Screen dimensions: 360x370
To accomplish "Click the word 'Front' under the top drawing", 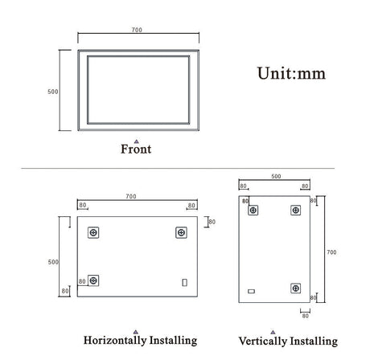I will (x=136, y=149).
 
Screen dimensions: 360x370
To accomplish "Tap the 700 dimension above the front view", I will (x=136, y=30).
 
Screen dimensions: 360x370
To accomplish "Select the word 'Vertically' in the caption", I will (x=261, y=341).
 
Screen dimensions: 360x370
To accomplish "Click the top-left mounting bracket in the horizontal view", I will (x=94, y=232).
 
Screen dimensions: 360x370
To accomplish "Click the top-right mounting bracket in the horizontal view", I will (x=180, y=232).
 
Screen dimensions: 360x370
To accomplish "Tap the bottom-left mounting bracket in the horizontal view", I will (x=94, y=280).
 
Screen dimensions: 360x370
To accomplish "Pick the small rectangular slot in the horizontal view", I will (x=186, y=282).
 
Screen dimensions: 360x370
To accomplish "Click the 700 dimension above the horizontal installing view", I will (x=131, y=195).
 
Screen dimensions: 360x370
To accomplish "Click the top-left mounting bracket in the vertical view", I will (x=254, y=211).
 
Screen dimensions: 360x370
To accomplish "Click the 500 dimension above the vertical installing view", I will (x=276, y=176).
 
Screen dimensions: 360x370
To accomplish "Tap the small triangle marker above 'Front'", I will (x=136, y=140).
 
